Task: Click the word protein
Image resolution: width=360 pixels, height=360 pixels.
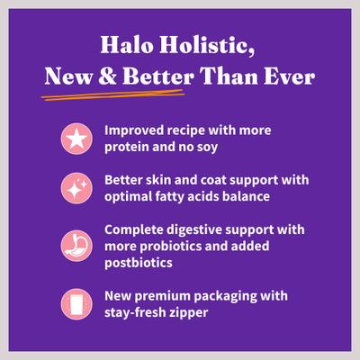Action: [129, 147]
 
